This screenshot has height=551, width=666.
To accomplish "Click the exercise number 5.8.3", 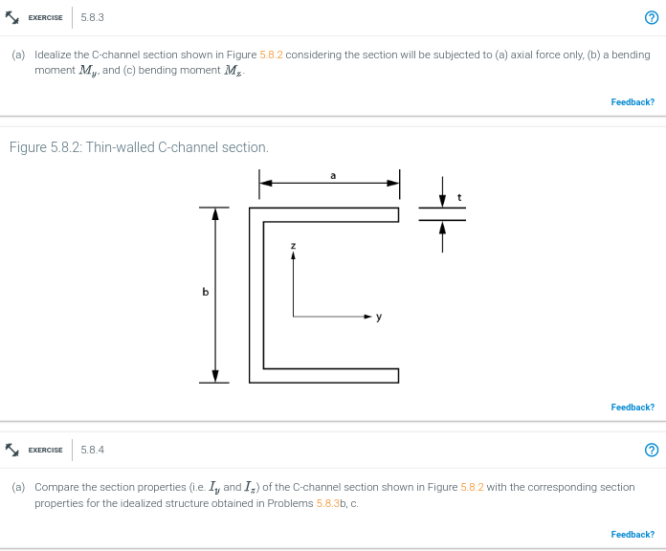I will point(93,17).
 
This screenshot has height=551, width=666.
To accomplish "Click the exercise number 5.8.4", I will point(93,450).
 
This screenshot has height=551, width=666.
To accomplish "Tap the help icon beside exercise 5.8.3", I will point(652,18).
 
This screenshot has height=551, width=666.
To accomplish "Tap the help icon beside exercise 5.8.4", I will point(652,451).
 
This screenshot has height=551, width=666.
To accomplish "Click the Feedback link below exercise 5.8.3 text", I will point(633,102).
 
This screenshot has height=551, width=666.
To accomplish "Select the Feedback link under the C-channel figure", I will point(633,408).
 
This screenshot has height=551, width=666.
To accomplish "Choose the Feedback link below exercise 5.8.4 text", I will point(633,535).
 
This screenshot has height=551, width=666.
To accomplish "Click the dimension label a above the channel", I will point(332,175).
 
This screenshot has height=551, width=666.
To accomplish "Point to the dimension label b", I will point(204,292).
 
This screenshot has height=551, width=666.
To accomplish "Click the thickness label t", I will point(460,197).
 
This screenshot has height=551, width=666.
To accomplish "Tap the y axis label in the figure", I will point(379,317).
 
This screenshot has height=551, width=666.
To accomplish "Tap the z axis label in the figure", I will point(294,247).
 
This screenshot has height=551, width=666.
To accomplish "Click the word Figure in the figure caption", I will point(27,147).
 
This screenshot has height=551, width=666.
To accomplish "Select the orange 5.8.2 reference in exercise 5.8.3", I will point(271,55).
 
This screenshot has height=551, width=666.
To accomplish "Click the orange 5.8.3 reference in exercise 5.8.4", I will point(328,503).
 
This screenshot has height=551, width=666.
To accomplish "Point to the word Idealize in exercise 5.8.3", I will point(54,55).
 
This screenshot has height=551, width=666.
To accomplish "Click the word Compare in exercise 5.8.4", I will point(56,487).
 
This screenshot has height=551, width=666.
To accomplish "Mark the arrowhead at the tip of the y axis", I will point(366,315).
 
